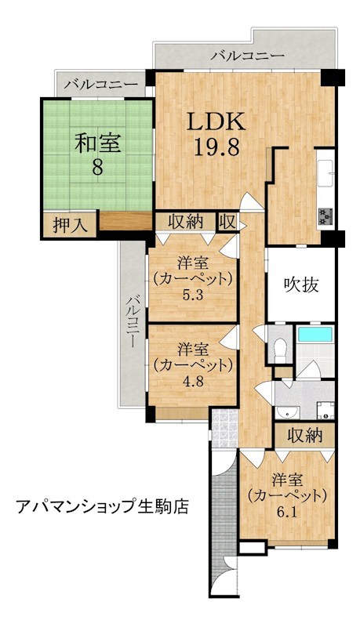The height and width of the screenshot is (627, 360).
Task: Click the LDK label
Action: click(x=216, y=123)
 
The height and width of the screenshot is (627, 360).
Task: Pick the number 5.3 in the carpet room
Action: click(x=193, y=296)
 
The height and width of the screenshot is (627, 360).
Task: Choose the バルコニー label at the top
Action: click(x=248, y=56)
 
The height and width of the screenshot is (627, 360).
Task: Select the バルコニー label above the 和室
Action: click(x=101, y=82)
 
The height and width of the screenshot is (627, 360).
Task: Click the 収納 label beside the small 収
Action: click(x=187, y=221)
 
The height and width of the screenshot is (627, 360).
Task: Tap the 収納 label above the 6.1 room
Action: click(x=304, y=435)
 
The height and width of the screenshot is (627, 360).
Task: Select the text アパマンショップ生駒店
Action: click(x=103, y=506)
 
